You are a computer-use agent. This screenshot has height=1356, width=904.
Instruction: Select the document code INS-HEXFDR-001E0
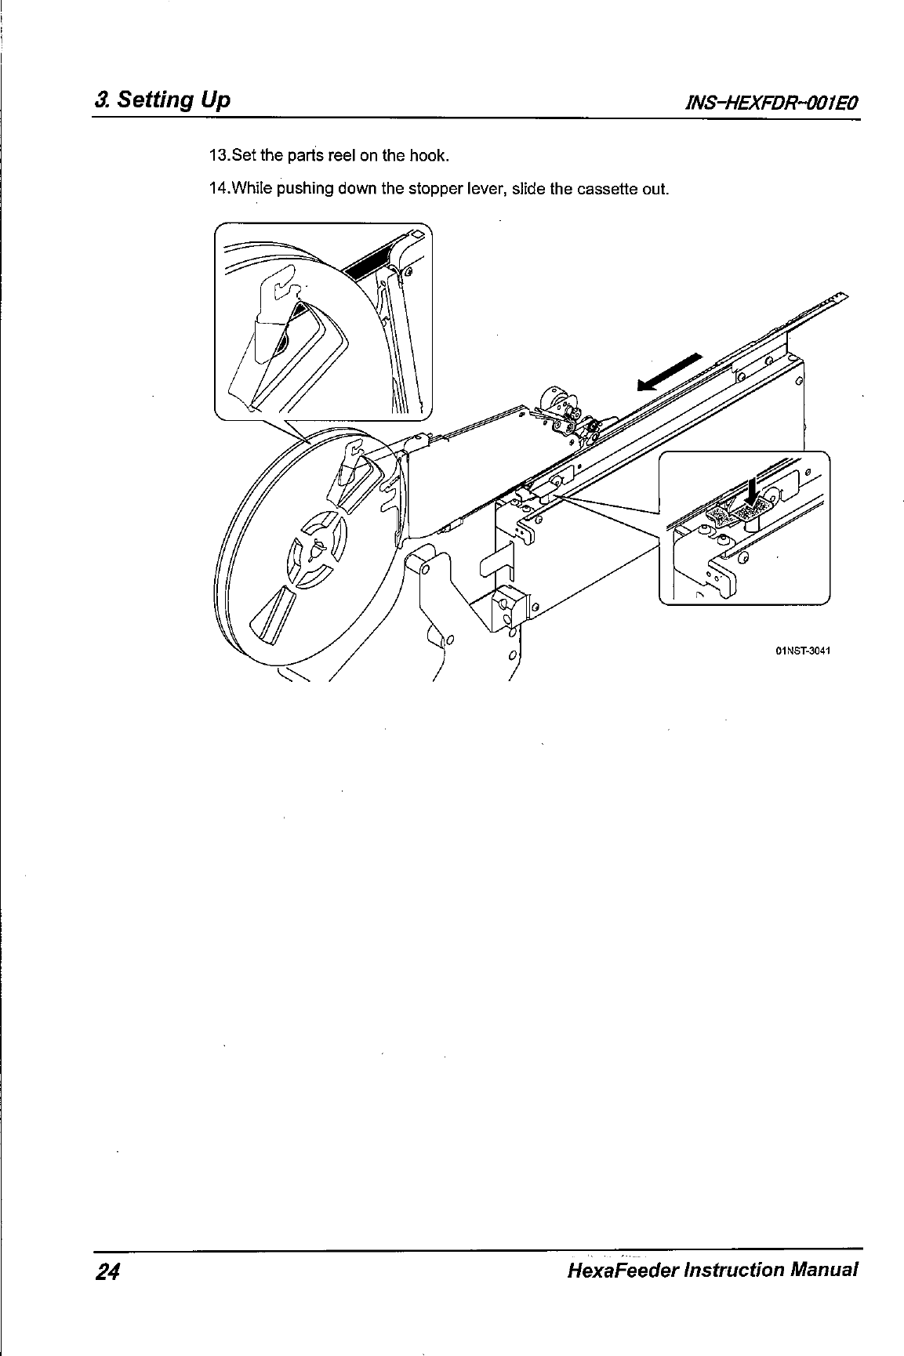(x=772, y=103)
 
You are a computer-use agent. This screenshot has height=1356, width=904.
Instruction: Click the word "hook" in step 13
(x=431, y=155)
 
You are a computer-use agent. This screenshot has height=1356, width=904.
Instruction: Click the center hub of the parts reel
(x=318, y=549)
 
